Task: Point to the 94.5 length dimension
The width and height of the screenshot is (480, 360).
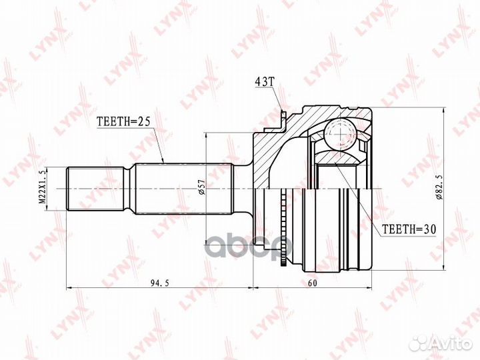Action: pyautogui.click(x=158, y=282)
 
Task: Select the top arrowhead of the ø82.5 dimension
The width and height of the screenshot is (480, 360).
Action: pyautogui.click(x=442, y=107)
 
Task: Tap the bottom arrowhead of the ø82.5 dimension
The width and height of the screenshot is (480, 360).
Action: pyautogui.click(x=442, y=272)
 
